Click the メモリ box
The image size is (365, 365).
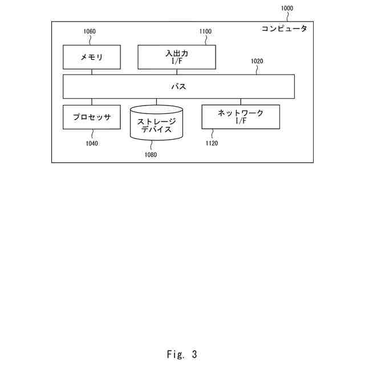pos(91,57)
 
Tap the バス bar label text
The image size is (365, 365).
pos(179,87)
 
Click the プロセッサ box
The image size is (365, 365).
pos(91,117)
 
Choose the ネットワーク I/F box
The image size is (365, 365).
pos(241,116)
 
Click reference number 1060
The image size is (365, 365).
pos(90,32)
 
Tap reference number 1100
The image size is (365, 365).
pos(205,32)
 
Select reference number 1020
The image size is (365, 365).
pos(257,61)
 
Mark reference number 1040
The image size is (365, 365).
pos(92,144)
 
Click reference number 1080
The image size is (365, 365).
pos(151,154)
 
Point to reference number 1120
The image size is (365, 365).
pos(212,144)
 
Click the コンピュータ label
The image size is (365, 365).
pos(284,29)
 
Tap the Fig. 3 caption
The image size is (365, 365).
pos(182,354)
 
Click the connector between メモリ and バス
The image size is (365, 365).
pos(91,72)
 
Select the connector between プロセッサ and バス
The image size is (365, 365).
pos(91,102)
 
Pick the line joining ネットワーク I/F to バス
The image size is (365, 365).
pos(241,102)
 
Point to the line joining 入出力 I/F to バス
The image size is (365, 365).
pos(177,72)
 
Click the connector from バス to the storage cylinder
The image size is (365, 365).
pos(156,102)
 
